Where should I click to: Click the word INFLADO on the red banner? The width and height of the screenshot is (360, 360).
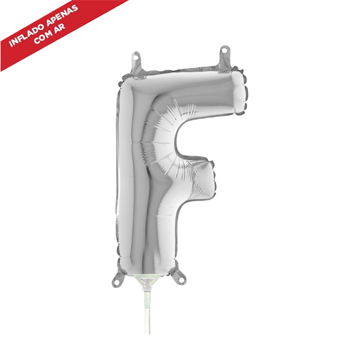[x=27, y=35]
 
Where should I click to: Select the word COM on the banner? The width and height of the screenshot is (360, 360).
[x=43, y=37]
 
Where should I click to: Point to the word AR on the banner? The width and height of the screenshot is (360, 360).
[x=59, y=27]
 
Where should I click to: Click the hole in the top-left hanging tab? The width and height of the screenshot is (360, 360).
[x=136, y=56]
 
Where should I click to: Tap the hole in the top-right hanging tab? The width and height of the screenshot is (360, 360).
[x=225, y=50]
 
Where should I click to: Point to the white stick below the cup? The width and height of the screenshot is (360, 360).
[x=147, y=311]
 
